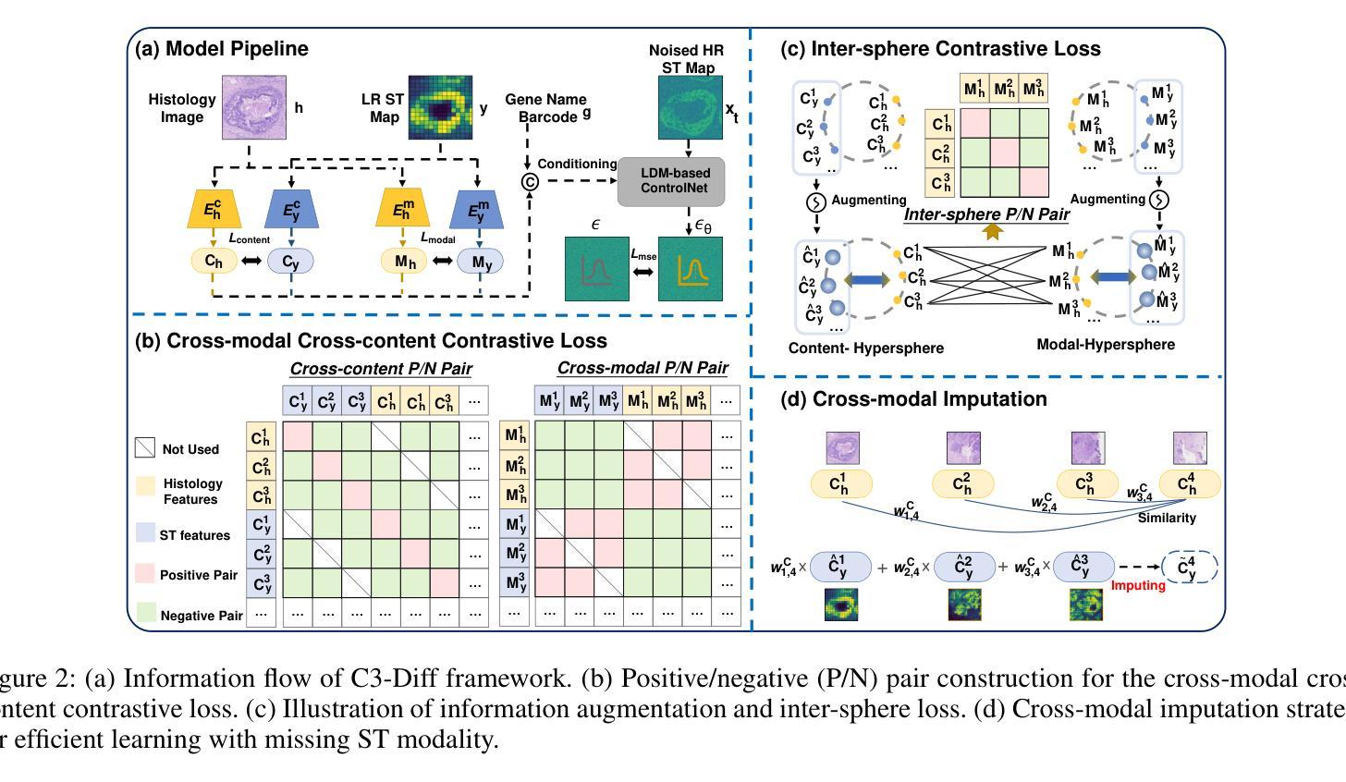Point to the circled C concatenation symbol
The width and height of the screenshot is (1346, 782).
pos(530,182)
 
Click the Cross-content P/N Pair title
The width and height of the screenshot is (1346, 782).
pos(381,368)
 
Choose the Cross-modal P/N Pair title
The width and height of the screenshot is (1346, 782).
pos(642,368)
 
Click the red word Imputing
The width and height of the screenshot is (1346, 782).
pos(1138,585)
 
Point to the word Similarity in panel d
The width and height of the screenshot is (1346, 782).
pos(1167,518)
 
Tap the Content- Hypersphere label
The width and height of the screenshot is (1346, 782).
pos(853,348)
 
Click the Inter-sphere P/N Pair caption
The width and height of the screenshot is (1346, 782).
pos(986,214)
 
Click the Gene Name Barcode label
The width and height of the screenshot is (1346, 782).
pos(545,107)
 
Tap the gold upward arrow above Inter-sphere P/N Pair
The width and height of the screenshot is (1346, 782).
pos(993,232)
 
